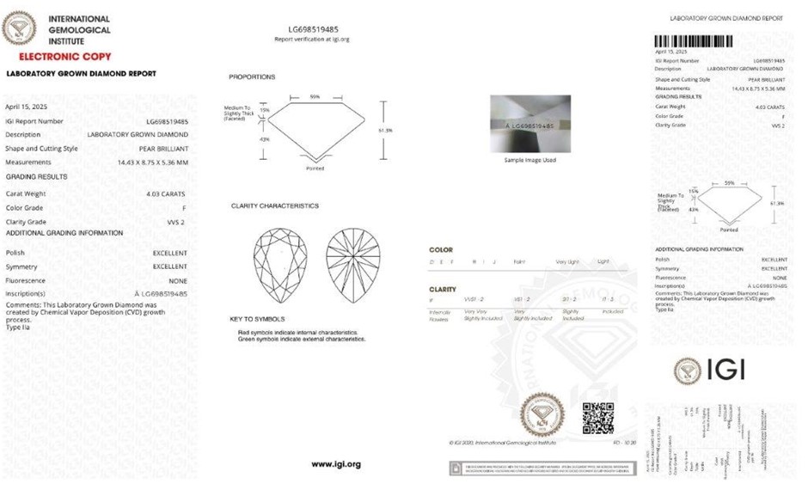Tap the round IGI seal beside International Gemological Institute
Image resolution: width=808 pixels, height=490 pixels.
(20, 28)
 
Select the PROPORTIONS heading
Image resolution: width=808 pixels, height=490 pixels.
(252, 77)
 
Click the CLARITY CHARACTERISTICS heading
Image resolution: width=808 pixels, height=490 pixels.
(274, 206)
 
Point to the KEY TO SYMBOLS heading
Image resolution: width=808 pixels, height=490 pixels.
(257, 319)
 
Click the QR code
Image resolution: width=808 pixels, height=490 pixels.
(597, 417)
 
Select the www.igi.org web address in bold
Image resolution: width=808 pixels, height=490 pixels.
(336, 464)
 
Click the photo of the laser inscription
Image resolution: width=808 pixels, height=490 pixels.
(530, 124)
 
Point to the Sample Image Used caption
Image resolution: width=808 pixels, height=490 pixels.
(530, 160)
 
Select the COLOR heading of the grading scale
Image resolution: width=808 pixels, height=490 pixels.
(441, 250)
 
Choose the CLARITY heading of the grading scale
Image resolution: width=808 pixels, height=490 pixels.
(444, 290)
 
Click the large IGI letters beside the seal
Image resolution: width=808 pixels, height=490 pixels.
(725, 371)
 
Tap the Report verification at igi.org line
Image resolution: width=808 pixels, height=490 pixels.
(311, 40)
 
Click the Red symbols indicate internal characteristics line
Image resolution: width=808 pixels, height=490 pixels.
(297, 332)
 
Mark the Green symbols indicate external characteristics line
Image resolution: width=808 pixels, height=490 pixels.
(301, 340)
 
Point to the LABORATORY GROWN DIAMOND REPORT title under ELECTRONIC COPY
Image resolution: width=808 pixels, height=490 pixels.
(81, 74)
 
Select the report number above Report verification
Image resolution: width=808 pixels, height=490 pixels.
(312, 29)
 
